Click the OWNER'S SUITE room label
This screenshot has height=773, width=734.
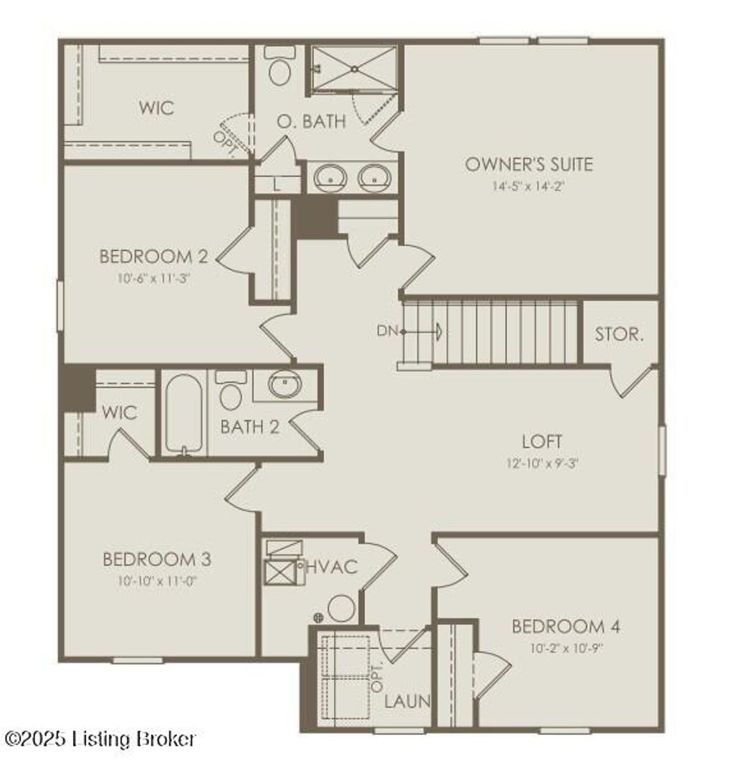tap(529, 164)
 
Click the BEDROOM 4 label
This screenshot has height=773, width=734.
tap(566, 627)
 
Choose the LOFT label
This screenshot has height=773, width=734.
tap(541, 441)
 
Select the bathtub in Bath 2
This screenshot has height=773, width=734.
tap(183, 414)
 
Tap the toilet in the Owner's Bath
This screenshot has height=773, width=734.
tap(278, 68)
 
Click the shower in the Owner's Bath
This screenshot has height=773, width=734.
tap(354, 69)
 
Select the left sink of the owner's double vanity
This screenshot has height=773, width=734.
tap(330, 176)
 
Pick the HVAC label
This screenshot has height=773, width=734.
tap(331, 566)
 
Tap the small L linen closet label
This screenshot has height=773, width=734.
tap(277, 184)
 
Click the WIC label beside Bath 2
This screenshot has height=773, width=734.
tap(119, 413)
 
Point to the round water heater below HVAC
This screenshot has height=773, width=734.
tap(342, 609)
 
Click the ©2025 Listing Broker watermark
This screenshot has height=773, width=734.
tap(100, 739)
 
